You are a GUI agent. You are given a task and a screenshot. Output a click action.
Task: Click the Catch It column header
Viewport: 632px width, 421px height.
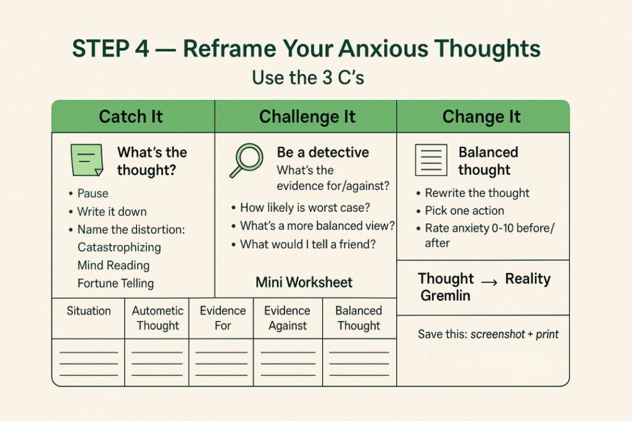coord(131,117)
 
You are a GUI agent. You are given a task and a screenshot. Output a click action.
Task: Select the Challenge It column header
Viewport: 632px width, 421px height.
coord(307,117)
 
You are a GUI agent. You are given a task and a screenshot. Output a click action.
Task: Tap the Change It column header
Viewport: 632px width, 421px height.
coord(481,117)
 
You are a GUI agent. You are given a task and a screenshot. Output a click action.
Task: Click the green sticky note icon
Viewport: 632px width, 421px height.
coord(86,160)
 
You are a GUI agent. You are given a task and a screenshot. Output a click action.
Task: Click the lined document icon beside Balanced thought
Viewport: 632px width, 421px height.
coord(431,160)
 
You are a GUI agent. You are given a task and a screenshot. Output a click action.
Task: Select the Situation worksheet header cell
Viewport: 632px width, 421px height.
coord(88,311)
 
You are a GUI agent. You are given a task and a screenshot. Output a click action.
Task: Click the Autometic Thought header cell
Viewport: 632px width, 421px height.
coord(157,318)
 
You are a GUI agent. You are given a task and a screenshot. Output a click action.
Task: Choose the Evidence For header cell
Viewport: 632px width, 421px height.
coord(222,318)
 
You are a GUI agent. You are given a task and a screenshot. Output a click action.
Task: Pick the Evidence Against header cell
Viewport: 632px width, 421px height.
coord(288,318)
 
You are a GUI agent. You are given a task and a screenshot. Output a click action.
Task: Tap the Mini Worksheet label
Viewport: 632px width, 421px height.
coord(304,283)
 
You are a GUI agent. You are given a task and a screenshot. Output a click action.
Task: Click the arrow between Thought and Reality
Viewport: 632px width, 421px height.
coord(489,281)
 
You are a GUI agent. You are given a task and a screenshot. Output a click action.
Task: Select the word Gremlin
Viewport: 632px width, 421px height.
coord(445,296)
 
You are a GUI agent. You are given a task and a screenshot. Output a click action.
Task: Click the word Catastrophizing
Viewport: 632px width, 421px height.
coord(119,247)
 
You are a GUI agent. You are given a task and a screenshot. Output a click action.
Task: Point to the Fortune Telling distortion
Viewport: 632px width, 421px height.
coord(115,284)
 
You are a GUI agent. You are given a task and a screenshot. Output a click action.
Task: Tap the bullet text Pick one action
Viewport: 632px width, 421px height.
coord(465,210)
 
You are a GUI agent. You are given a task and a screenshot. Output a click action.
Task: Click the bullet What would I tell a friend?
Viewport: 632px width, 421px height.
coord(308,244)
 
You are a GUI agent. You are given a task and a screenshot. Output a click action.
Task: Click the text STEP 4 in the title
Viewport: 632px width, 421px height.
coord(110,48)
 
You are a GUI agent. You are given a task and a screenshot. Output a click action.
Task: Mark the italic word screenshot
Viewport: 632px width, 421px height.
coord(497,335)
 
